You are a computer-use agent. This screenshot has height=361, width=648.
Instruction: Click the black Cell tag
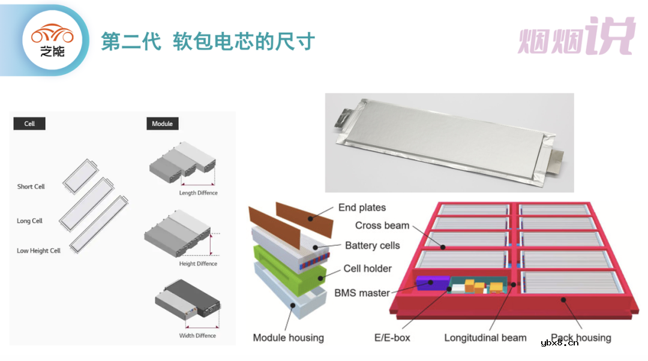pos(29,124)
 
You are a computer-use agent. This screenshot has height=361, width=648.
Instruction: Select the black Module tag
pos(162,124)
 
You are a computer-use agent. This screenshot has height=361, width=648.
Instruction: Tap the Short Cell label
pos(31,186)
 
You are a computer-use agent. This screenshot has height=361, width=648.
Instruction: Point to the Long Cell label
pos(30,221)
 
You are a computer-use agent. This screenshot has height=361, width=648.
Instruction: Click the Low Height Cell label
pos(39,251)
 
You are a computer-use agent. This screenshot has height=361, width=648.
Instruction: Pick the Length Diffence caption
pos(199,193)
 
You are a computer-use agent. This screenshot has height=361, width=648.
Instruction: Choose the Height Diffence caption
pos(199,264)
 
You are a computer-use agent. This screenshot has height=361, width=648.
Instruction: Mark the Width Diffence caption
pos(197,336)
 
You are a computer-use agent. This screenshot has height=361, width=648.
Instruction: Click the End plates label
pos(362,207)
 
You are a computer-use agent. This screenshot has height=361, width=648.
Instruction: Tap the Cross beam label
pos(382,225)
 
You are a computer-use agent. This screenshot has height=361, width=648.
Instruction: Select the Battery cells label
pos(372,245)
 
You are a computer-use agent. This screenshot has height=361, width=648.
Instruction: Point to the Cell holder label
pos(367,269)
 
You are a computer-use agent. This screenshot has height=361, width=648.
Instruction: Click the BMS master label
pos(362,293)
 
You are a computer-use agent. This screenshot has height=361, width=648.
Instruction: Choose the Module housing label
pos(288,338)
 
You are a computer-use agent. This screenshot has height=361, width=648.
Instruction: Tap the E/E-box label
pos(392,338)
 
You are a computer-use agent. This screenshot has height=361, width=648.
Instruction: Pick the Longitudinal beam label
pos(485,338)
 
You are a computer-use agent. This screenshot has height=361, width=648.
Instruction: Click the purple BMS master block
pos(432,284)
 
